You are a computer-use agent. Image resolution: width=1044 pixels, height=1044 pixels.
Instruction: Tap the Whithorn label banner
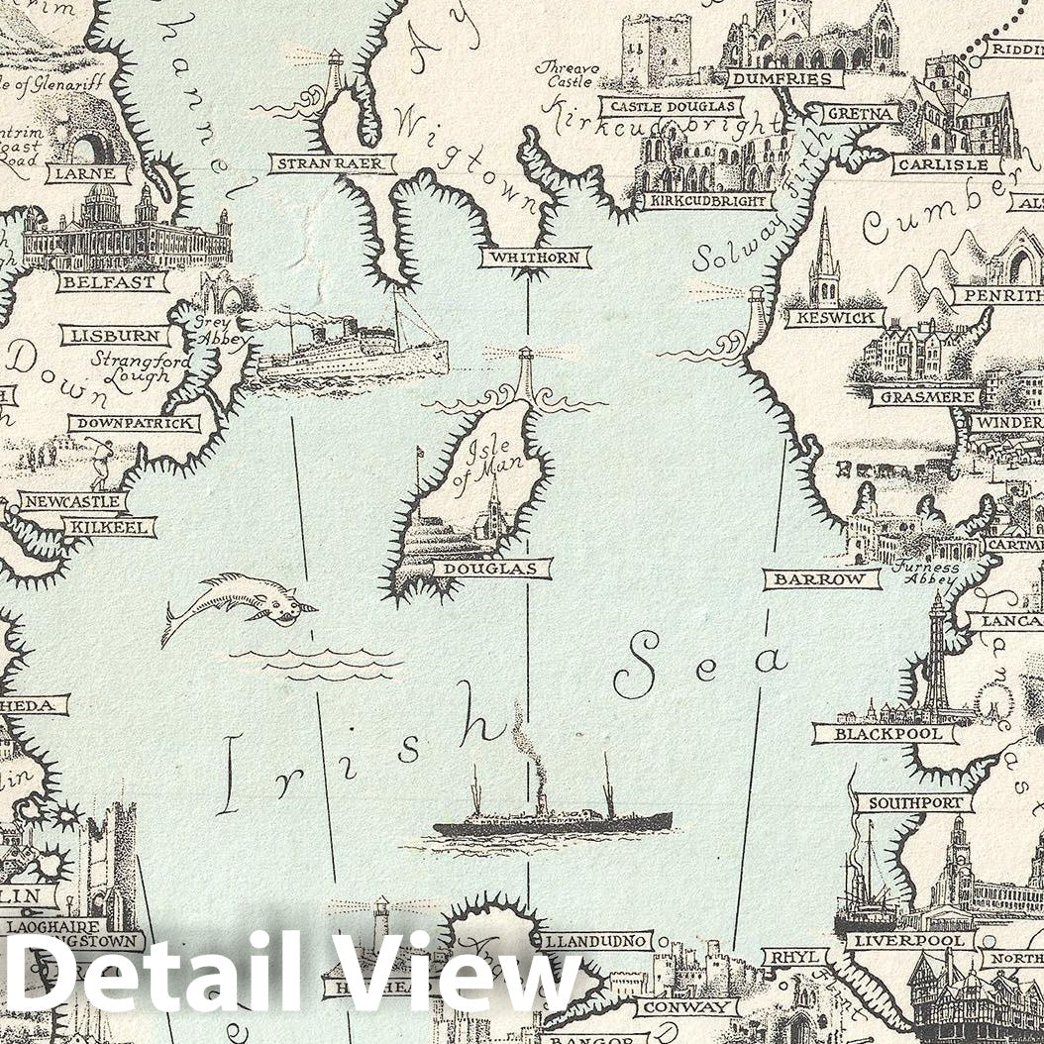535,259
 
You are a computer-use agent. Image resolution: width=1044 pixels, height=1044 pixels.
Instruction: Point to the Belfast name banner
111,282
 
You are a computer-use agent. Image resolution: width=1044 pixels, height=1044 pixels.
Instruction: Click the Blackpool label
885,734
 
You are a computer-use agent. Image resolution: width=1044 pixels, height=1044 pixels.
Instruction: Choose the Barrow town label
821,579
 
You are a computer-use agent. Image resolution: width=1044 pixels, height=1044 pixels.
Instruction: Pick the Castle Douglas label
672,106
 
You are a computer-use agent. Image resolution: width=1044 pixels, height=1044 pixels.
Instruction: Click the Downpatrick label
134,424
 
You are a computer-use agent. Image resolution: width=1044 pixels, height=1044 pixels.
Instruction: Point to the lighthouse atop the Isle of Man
526,374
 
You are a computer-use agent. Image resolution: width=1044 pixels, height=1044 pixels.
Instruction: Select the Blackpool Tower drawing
935,659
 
